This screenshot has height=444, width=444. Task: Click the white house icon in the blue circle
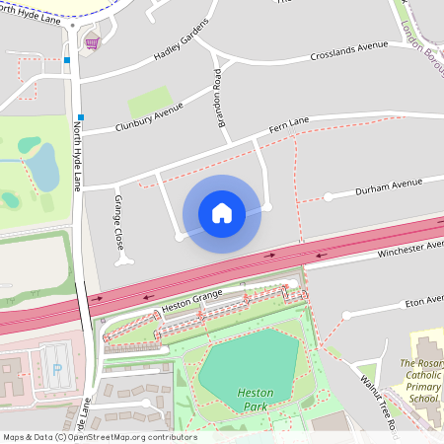tap(222, 213)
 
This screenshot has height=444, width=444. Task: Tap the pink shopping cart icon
tap(92, 42)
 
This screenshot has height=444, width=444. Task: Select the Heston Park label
tap(255, 398)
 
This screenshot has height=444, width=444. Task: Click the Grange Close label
tap(117, 224)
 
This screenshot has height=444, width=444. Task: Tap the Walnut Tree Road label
tap(378, 402)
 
